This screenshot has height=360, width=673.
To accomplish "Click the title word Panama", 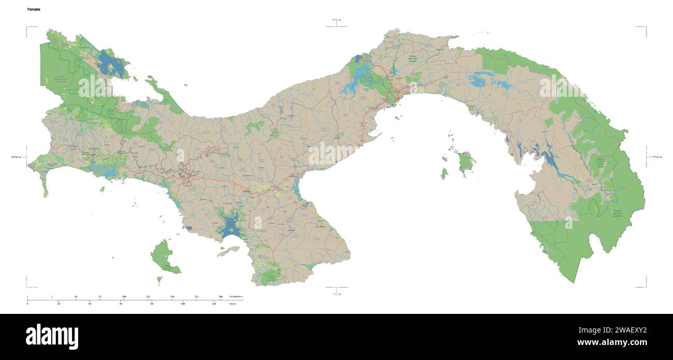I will pyautogui.click(x=34, y=9).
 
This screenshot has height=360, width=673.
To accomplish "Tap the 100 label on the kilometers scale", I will pyautogui.click(x=124, y=296).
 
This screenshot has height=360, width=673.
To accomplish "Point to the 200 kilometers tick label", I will pyautogui.click(x=221, y=296).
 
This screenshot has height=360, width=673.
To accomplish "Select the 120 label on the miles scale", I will pyautogui.click(x=214, y=304).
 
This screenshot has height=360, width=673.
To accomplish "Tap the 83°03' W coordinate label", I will pyautogui.click(x=16, y=156).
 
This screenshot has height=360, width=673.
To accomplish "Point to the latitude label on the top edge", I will pyautogui.click(x=336, y=20).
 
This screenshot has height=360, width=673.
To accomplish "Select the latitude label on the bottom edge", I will pyautogui.click(x=336, y=294).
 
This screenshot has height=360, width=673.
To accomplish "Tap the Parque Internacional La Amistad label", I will pyautogui.click(x=61, y=80).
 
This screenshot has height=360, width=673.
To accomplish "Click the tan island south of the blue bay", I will pyautogui.click(x=228, y=252).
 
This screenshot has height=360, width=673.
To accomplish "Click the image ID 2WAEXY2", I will pyautogui.click(x=626, y=330).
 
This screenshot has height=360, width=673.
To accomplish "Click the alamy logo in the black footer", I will pyautogui.click(x=52, y=336).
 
